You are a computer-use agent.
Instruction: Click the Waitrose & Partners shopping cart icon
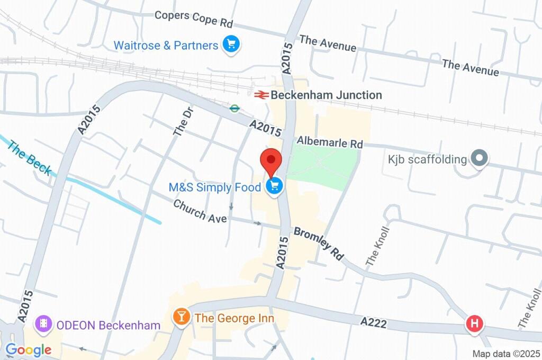tap(231, 44)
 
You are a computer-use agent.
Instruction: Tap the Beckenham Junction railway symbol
tap(260, 95)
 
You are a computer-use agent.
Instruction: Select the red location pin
tap(271, 160)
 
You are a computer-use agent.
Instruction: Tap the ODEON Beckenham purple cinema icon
tap(43, 323)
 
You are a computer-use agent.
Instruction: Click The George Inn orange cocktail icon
tap(182, 317)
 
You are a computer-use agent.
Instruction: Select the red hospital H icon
tap(474, 323)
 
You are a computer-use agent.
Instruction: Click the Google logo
tap(29, 349)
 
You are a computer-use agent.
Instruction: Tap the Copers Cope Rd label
tap(194, 19)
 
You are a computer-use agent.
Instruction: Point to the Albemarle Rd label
tap(330, 143)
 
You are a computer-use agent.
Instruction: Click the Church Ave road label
tap(200, 211)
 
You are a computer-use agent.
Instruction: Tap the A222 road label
tap(375, 321)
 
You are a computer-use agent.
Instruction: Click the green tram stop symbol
tap(234, 109)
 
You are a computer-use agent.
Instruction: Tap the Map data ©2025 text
tap(505, 354)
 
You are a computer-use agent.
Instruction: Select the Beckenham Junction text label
tap(326, 95)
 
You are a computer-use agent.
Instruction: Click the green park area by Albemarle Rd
tap(323, 167)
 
